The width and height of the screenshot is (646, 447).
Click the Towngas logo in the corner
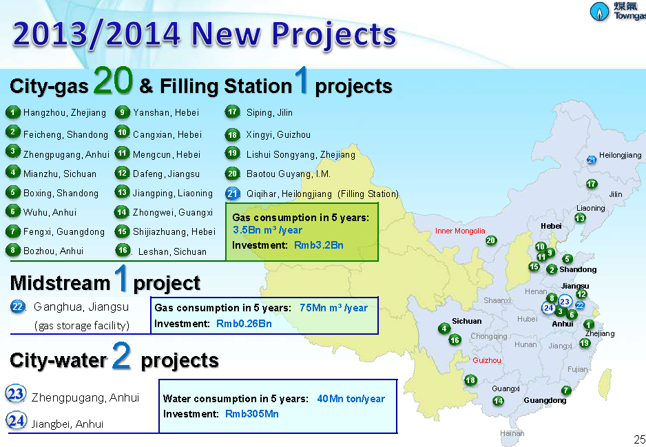(x=616, y=12)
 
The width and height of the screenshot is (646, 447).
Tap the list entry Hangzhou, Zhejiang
(x=65, y=112)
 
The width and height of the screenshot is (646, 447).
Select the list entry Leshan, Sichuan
(x=172, y=251)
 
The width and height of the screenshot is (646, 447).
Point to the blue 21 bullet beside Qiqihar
(x=233, y=194)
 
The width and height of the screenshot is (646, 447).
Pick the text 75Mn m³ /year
(x=333, y=308)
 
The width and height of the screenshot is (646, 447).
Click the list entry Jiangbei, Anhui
(x=67, y=424)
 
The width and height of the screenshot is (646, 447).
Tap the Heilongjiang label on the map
(x=620, y=156)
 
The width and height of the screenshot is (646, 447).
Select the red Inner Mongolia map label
(x=460, y=231)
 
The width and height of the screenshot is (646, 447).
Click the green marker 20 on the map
(x=490, y=240)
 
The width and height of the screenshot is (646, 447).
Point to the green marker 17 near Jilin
(x=591, y=184)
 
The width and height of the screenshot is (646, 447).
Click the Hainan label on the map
(x=512, y=433)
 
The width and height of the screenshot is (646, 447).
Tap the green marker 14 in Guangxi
(x=498, y=401)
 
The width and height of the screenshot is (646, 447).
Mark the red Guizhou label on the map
(x=487, y=360)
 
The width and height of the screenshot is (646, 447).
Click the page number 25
(x=638, y=439)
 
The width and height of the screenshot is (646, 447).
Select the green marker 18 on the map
(x=470, y=380)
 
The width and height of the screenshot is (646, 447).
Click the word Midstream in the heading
(x=60, y=282)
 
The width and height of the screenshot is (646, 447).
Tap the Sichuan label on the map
(x=467, y=321)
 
